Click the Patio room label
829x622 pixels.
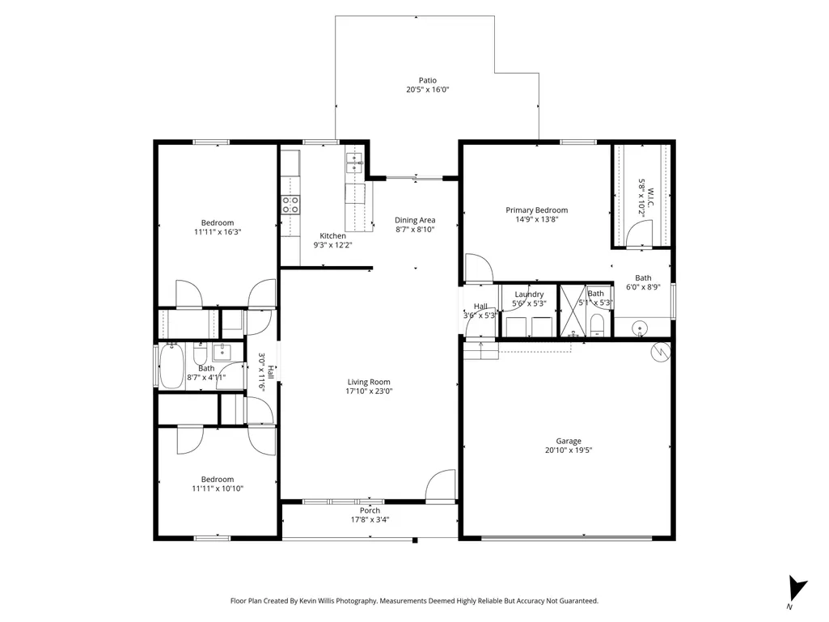pos(428,80)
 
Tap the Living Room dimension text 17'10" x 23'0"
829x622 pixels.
pos(369,391)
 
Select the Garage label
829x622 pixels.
pos(569,441)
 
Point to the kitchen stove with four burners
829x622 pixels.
pos(290,205)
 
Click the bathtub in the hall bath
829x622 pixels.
pos(171,366)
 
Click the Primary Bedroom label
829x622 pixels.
pos(537,210)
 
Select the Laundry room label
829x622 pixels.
pos(529,294)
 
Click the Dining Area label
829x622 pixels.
pos(415,220)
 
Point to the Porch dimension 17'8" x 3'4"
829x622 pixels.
pos(370,520)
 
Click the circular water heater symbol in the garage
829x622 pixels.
pos(660,353)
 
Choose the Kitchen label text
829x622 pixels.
pos(332,236)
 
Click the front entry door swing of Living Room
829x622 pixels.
pos(441,484)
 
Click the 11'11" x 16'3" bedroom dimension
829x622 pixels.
pos(218,231)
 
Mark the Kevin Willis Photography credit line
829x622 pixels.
pos(414,601)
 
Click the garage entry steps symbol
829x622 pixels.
pos(481,351)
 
